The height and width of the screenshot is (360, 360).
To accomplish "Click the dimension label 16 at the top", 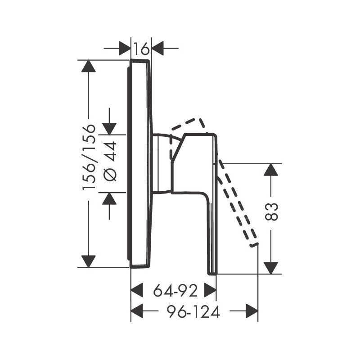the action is pos(141,49).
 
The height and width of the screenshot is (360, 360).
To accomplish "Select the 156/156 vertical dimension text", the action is pos(89,157).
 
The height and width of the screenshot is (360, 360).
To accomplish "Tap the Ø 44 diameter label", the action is pos(110,162).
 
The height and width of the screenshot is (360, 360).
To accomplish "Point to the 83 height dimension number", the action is pos(271,211).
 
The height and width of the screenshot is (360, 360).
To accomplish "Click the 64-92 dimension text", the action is pos(175,291).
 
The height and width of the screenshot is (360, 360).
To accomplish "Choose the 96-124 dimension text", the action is pos(193,311).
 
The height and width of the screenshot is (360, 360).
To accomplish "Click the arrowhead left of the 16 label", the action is pos(125,49).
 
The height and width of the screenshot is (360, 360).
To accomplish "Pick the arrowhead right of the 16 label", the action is pos(158,49).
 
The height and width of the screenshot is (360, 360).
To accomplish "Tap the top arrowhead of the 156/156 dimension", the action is pos(88,66).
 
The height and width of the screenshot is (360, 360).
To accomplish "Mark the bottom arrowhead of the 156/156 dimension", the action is pos(88,261).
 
